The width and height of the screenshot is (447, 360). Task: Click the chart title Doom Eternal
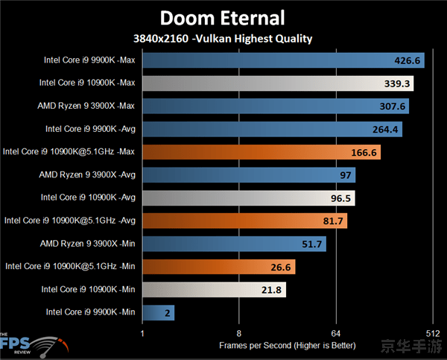223,17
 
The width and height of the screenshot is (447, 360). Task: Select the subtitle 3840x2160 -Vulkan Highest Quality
223,39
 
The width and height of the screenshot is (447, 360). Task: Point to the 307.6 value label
392,106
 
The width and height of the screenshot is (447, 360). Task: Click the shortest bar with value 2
158,312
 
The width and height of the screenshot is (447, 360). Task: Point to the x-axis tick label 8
238,333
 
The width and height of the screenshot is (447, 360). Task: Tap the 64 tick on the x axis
335,333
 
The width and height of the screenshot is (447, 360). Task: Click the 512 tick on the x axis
431,333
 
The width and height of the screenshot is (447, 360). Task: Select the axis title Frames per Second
287,346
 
